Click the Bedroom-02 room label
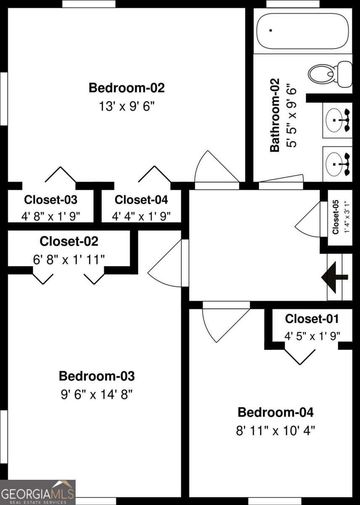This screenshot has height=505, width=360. pos(127,88)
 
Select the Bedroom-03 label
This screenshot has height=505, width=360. pos(97,376)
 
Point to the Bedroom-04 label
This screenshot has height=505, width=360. pos(275,412)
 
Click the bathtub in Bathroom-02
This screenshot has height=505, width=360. pos(302,31)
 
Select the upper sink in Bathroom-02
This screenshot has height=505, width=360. pos(337,120)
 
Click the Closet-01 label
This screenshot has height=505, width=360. pos(312,319)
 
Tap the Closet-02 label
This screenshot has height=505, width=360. pos(69,242)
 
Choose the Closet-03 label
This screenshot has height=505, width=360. pos(50,199)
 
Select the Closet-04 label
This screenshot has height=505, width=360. pos(141,199)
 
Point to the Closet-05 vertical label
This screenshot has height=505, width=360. pos(335,217)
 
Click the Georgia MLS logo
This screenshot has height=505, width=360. pos(38,492)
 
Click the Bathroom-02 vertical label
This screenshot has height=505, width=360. pos(274,115)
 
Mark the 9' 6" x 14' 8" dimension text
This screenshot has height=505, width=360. pos(97,394)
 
